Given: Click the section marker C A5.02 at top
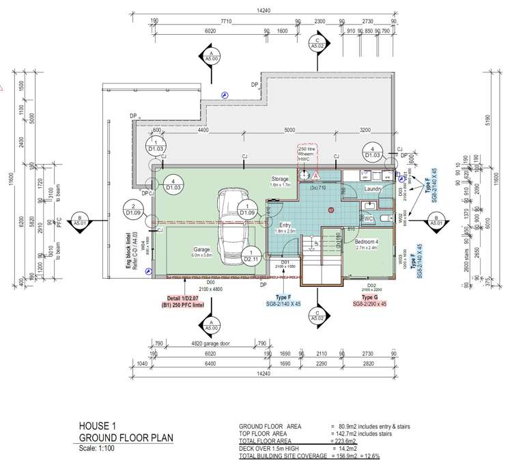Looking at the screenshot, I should [x=317, y=44].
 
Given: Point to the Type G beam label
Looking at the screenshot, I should [x=371, y=298].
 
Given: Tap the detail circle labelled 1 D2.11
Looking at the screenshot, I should [x=251, y=256].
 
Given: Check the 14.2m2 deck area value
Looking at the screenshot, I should [x=344, y=448].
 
